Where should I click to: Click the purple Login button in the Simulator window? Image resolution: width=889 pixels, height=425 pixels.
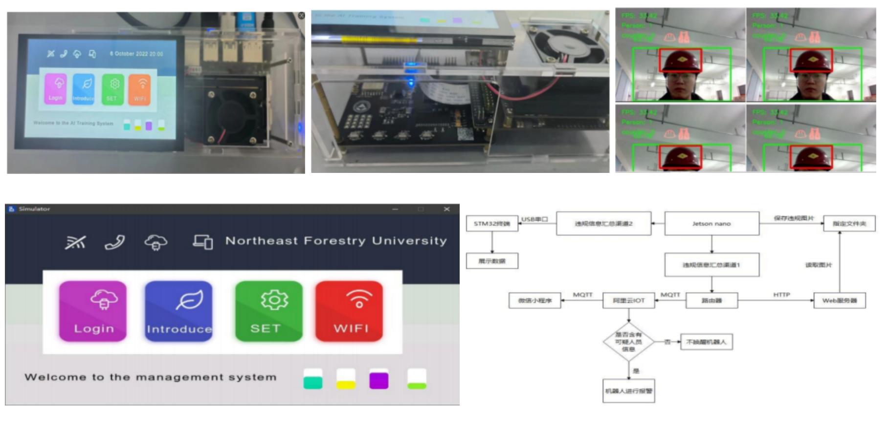93,311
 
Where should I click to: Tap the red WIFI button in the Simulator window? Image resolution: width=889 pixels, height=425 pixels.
349,311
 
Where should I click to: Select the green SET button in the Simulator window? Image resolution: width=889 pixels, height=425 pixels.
268,311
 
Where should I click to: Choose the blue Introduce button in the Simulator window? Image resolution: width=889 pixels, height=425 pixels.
178,311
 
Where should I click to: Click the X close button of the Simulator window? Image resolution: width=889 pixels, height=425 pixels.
446,209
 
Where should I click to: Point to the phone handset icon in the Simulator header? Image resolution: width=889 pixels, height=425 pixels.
115,242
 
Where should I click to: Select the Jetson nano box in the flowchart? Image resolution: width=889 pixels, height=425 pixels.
711,224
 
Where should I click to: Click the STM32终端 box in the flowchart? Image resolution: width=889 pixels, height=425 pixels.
491,224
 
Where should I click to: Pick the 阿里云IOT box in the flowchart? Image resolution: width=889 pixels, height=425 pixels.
628,300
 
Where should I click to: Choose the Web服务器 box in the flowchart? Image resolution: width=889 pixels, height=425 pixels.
839,300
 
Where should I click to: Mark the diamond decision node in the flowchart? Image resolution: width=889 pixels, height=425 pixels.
628,342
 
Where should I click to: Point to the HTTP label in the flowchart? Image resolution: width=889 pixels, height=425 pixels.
781,295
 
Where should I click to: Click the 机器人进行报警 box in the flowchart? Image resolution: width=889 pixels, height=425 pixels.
628,391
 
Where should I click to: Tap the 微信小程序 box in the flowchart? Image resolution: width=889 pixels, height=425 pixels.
535,300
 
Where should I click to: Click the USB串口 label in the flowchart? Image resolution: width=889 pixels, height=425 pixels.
534,219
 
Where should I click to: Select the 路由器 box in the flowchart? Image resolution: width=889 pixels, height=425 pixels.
711,300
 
